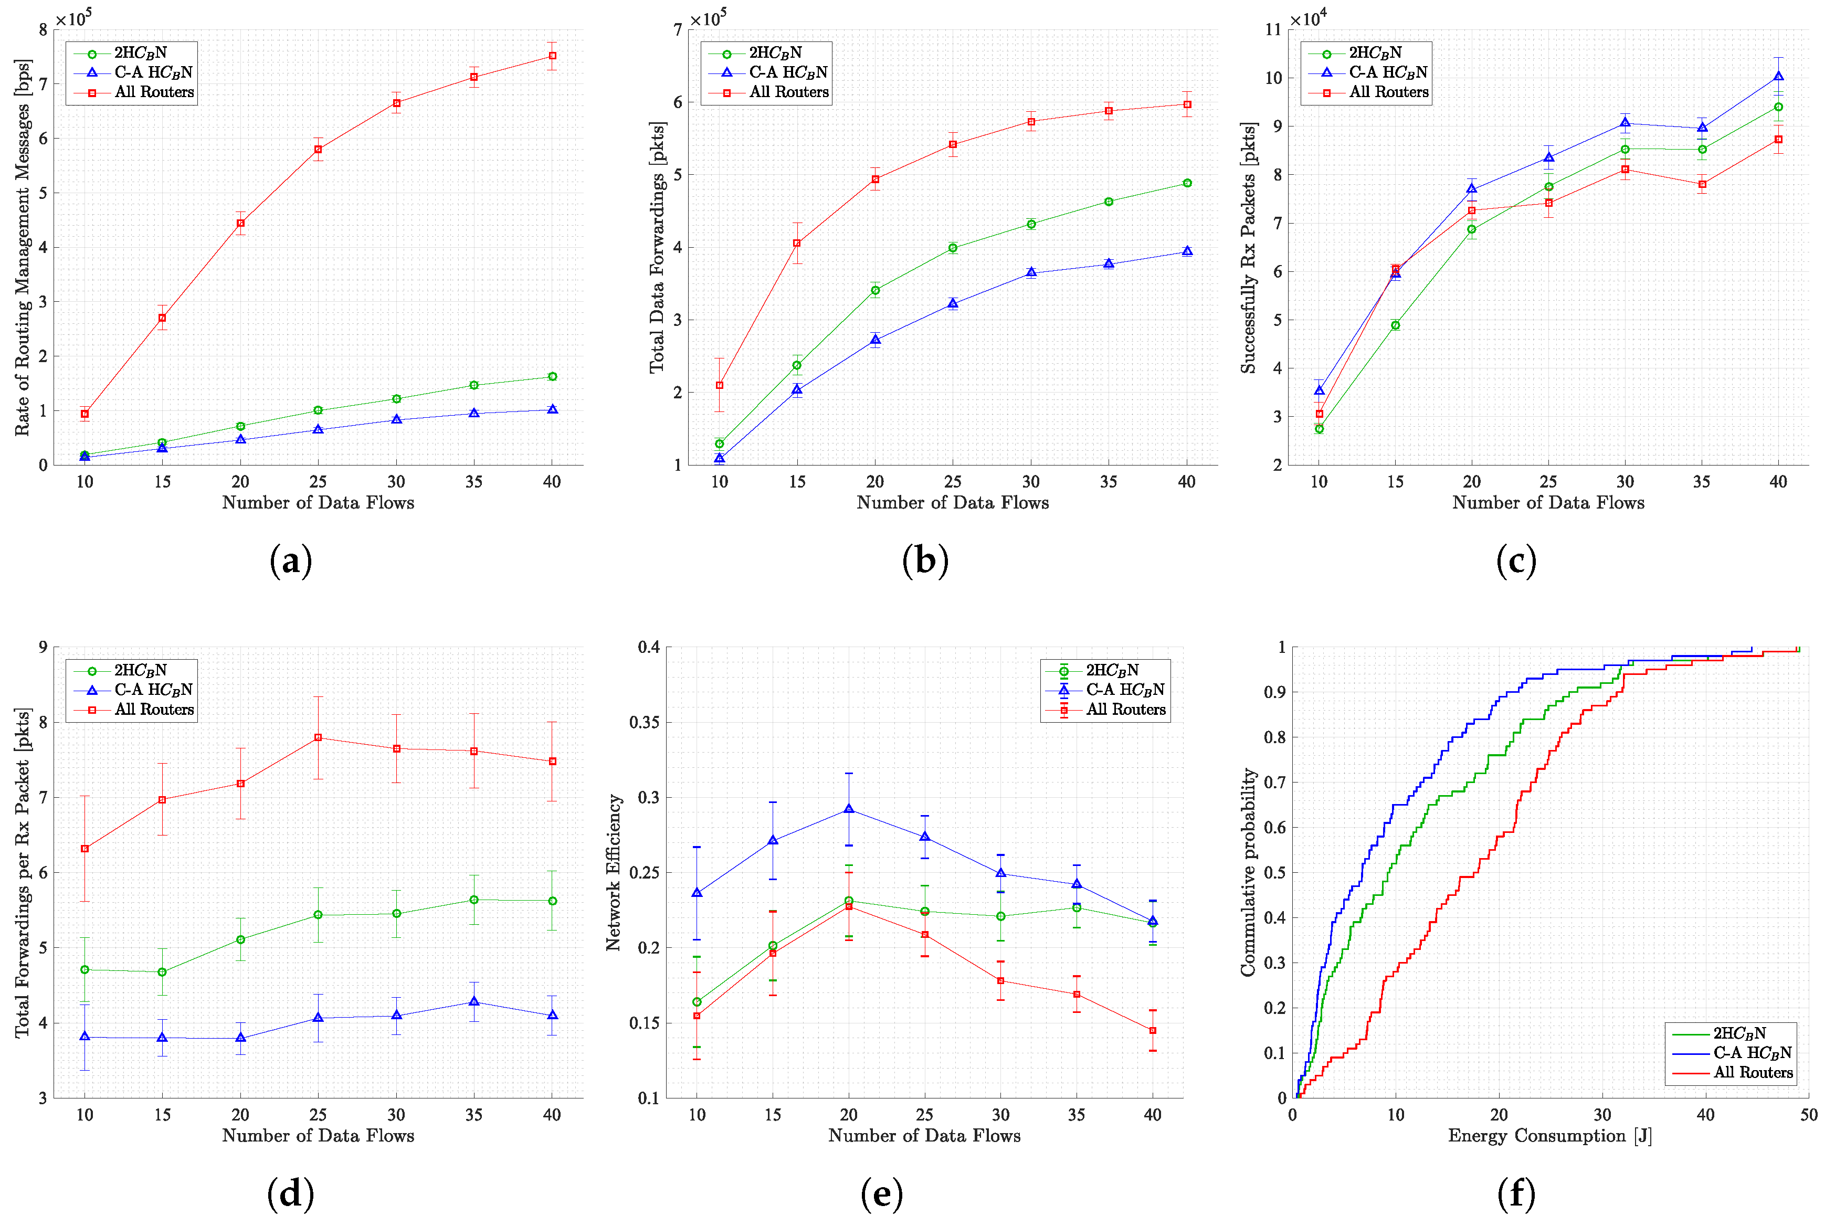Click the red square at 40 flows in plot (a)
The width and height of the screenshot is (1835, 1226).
tap(552, 56)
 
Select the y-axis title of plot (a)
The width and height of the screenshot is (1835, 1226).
tap(22, 247)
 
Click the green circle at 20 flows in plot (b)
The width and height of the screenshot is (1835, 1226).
tap(875, 290)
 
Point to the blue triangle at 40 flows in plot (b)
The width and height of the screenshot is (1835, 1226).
tap(1187, 251)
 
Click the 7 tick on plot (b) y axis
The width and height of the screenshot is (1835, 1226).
tap(677, 30)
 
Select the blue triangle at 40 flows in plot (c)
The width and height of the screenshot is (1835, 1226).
tap(1778, 76)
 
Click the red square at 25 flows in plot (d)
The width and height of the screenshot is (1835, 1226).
tap(318, 737)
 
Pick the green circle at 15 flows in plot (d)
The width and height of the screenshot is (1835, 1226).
tap(162, 972)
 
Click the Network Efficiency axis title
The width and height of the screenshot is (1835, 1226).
tap(613, 872)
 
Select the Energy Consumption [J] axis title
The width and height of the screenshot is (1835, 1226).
tap(1549, 1135)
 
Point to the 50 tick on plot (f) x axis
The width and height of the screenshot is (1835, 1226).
tap(1808, 1115)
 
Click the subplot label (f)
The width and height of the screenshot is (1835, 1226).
tap(1516, 1194)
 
